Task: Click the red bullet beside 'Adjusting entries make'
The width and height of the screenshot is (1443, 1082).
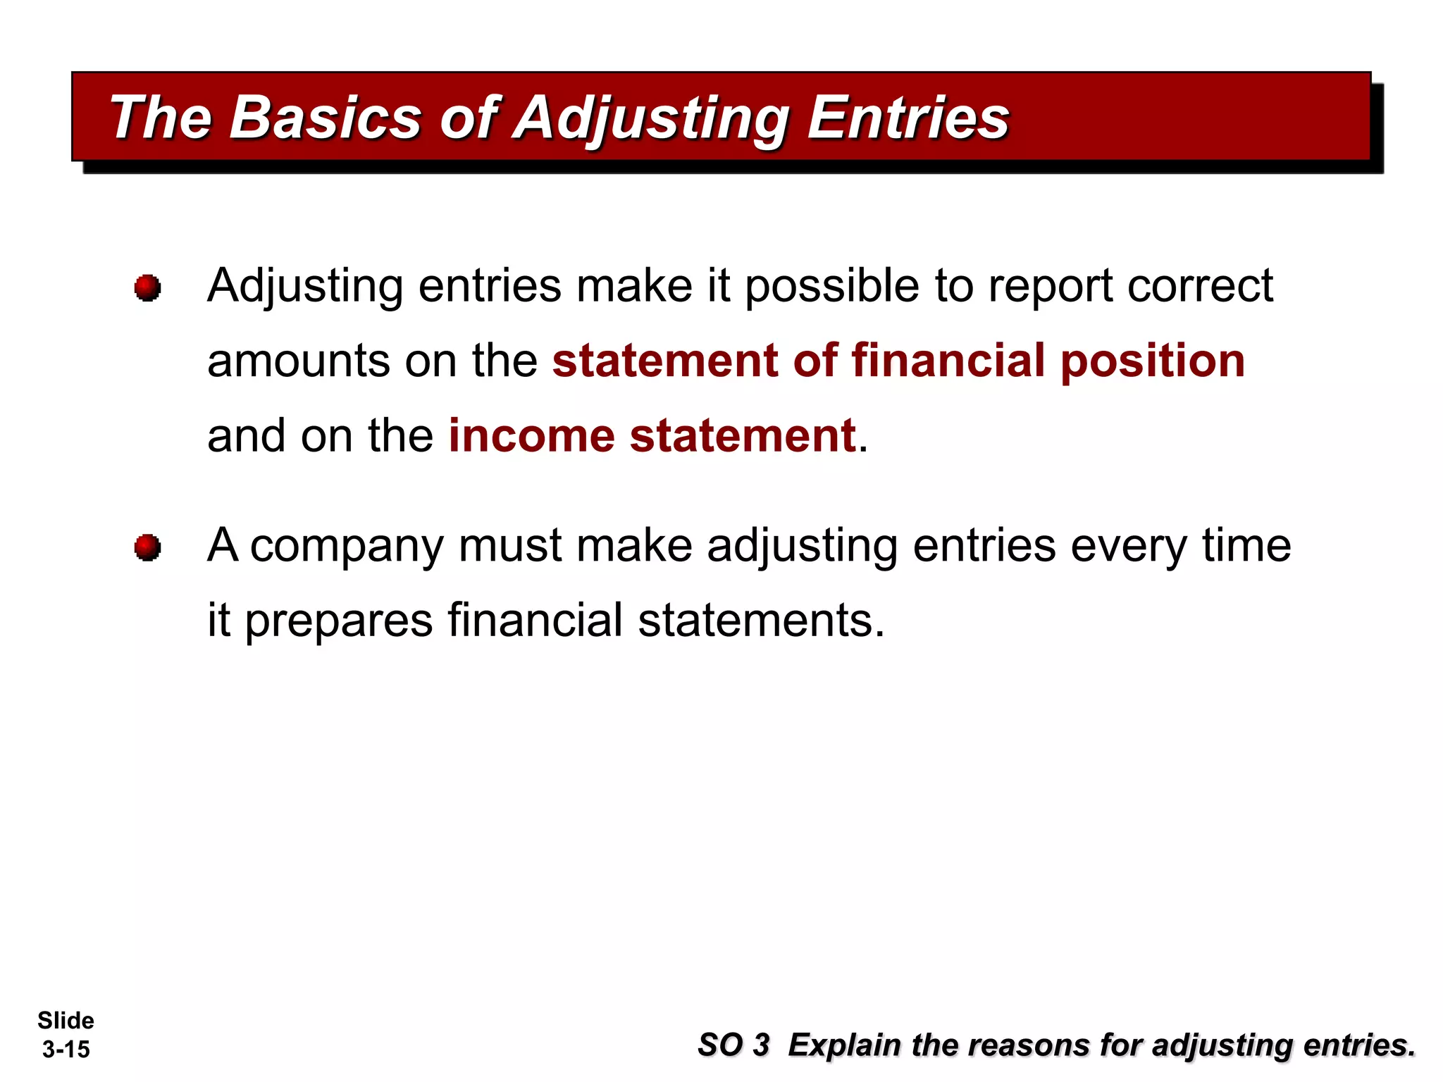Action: point(147,287)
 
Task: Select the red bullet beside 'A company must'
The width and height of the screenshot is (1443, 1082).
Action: point(147,547)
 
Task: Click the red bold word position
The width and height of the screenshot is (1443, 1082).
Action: point(1153,361)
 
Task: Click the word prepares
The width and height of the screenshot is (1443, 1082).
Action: point(338,621)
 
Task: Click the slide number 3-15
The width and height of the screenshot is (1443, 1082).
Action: point(66,1050)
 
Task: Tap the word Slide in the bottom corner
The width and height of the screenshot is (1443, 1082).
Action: point(66,1021)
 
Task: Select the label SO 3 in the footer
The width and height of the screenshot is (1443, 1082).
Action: point(733,1045)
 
